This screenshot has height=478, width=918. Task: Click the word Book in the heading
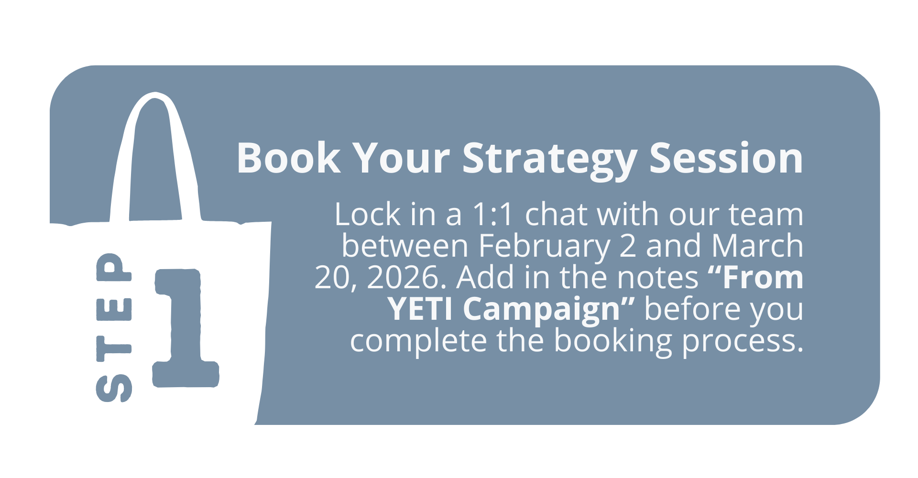[x=288, y=158]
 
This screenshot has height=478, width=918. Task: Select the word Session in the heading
[x=726, y=158]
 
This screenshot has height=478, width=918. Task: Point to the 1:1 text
[x=492, y=214]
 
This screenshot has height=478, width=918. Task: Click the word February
[x=544, y=247]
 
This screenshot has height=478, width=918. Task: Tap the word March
[x=757, y=246]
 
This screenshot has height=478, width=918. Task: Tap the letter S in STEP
[x=114, y=388]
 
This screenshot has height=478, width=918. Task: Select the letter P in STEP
[x=114, y=267]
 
